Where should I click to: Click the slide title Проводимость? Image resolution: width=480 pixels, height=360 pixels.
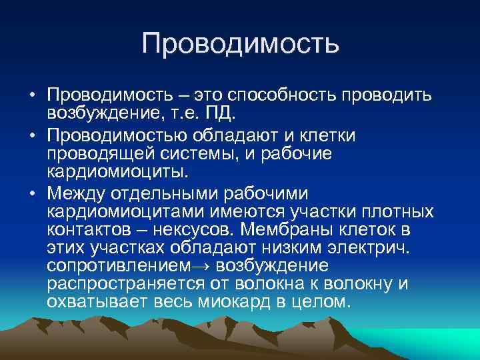click(240, 43)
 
